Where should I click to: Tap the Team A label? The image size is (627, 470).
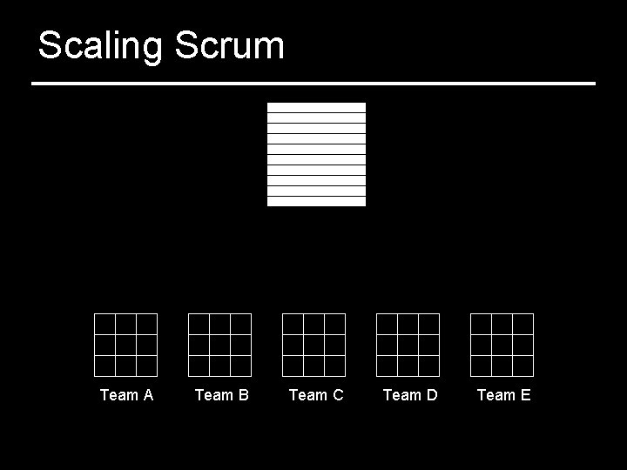point(126,395)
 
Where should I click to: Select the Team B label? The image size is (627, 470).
point(221,395)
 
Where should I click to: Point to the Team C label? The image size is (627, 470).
point(315,395)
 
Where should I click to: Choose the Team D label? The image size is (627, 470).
point(409,395)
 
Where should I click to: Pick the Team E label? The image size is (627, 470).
point(503,395)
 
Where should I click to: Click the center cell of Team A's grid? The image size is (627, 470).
point(125,345)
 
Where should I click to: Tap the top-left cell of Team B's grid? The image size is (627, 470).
point(199,324)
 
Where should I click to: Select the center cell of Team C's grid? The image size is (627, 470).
point(313,345)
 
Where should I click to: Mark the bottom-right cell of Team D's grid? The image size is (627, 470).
point(428,366)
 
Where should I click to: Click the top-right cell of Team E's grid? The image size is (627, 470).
point(522,324)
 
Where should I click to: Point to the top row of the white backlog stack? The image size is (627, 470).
point(316,107)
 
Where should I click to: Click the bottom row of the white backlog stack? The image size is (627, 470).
point(316,201)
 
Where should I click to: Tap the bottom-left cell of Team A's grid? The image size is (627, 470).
point(104,366)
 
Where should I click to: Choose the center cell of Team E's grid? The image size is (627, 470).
point(502,345)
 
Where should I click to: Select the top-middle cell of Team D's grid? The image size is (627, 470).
point(408,324)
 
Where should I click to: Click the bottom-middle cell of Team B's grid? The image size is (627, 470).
point(219,366)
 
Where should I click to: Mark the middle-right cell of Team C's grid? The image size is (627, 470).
point(334,345)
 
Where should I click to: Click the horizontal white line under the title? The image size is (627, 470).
point(313,84)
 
